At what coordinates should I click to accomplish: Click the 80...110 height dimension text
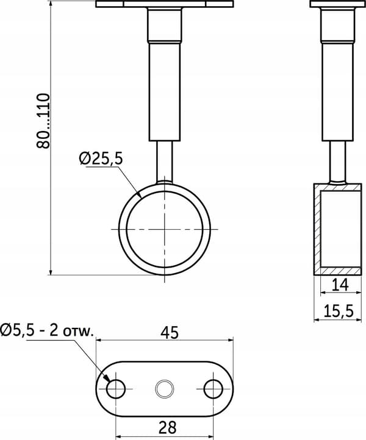coord(43,121)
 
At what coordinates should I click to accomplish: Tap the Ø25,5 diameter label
coord(101,159)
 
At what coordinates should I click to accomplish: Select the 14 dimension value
coord(340,285)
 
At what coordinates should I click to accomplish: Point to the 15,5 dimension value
coord(339,311)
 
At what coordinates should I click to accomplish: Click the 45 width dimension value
coord(170,333)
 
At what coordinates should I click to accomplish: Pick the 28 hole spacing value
coord(167,427)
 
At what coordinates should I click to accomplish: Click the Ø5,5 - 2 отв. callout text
coord(46,330)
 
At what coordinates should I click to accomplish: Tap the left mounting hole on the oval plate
coord(116,389)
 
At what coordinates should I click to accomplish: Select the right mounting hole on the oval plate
coord(213,389)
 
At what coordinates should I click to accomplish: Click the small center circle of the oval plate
coord(165,389)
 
